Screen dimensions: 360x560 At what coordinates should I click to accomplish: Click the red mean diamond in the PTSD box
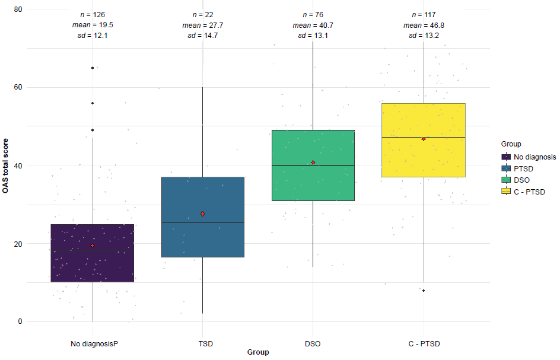click(203, 214)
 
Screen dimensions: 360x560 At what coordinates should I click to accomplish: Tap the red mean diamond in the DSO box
click(313, 163)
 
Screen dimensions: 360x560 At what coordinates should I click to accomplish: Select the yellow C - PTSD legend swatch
click(506, 191)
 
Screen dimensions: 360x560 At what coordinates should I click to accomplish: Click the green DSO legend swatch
click(506, 180)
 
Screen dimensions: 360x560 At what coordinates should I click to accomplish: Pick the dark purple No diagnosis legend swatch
click(506, 157)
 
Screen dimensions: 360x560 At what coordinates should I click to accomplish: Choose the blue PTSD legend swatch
click(506, 168)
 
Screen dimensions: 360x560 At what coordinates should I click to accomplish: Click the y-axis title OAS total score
click(6, 165)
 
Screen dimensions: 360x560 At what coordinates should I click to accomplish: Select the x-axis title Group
click(258, 352)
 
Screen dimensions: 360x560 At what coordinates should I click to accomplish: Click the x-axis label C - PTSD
click(424, 343)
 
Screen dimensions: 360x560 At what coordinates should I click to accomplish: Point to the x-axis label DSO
click(313, 343)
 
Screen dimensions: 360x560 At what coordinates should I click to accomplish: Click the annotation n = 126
click(93, 14)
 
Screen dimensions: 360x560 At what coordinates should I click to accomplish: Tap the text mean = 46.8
click(424, 25)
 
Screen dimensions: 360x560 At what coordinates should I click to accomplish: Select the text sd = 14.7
click(203, 36)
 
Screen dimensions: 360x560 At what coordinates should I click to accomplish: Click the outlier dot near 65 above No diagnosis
click(93, 68)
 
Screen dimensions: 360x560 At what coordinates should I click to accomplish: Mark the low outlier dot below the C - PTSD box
click(424, 291)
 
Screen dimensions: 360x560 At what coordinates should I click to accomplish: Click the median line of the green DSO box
click(313, 165)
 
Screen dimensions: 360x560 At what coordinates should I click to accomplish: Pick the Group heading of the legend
click(511, 144)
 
